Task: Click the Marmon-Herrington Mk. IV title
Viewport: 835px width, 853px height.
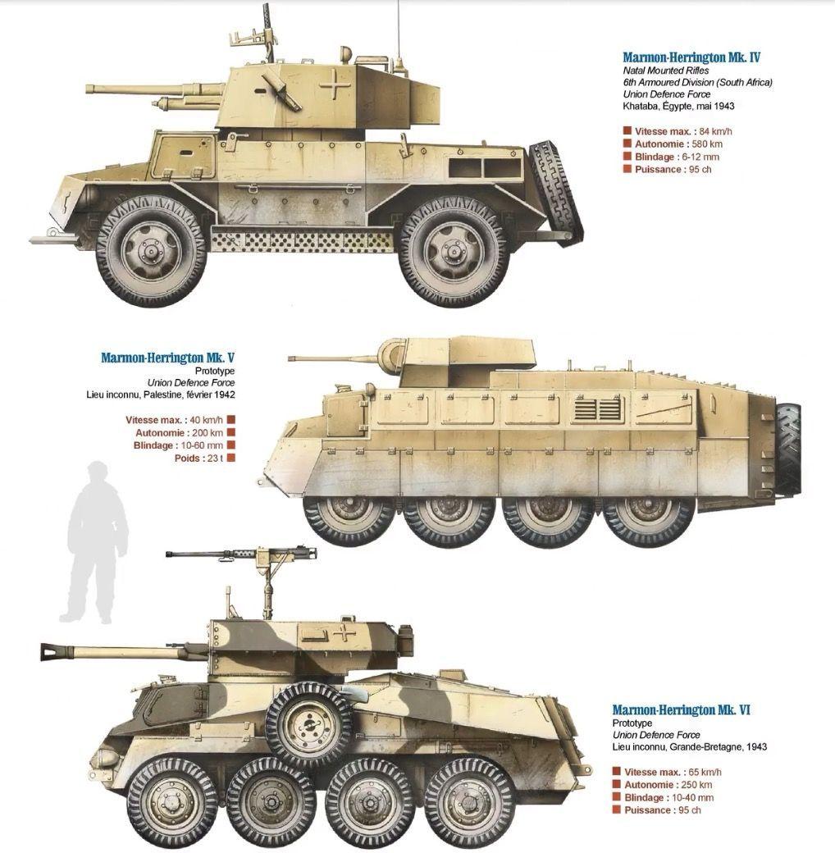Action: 691,57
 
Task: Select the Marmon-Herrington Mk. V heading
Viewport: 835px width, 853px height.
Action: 168,358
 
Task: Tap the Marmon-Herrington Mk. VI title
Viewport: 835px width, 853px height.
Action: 682,710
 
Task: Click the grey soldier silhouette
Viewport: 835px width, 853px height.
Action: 94,542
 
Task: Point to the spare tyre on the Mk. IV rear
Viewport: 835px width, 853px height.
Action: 556,186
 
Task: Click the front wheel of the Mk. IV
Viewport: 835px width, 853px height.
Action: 151,251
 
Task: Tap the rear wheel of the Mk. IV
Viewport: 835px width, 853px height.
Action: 454,252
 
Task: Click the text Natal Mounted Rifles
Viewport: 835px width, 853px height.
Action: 666,71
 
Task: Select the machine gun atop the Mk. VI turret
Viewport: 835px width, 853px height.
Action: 241,555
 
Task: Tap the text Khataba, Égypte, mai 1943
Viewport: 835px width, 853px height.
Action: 678,106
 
